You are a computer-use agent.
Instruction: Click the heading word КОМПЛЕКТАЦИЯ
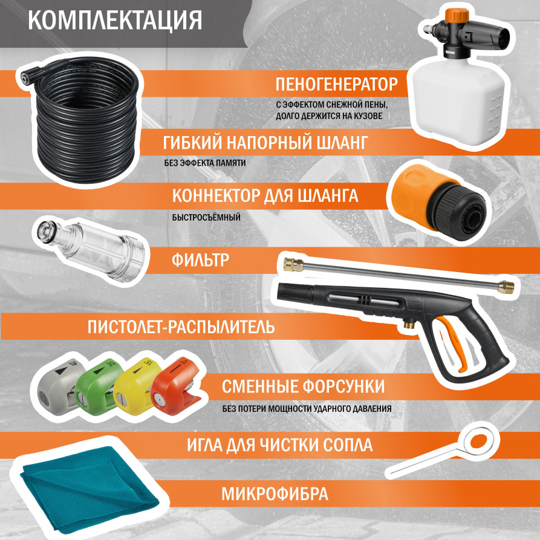point(115,21)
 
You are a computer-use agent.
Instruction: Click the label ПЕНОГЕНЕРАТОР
point(336,85)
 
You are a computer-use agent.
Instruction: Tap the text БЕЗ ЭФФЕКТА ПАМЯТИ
point(205,163)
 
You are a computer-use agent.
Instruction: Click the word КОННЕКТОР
point(216,195)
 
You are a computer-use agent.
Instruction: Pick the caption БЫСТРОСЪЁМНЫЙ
point(206,218)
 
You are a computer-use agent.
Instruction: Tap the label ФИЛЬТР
point(200,259)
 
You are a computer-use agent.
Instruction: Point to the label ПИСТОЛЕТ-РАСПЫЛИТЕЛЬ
point(181,327)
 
